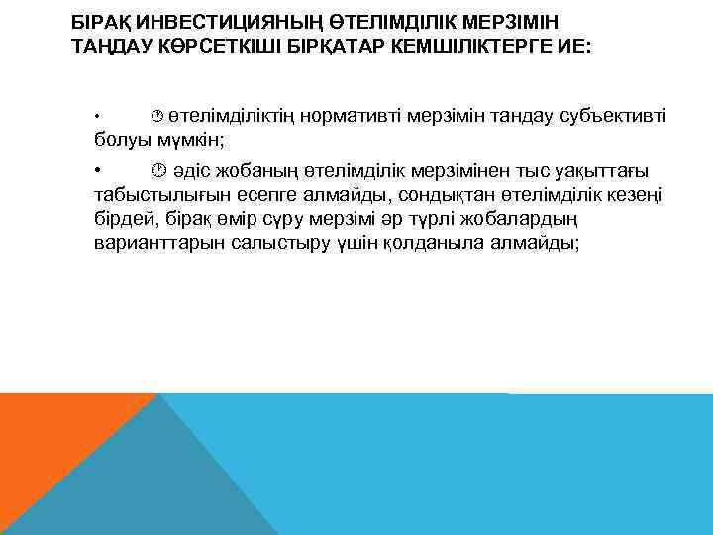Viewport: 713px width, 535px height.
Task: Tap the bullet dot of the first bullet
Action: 97,118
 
